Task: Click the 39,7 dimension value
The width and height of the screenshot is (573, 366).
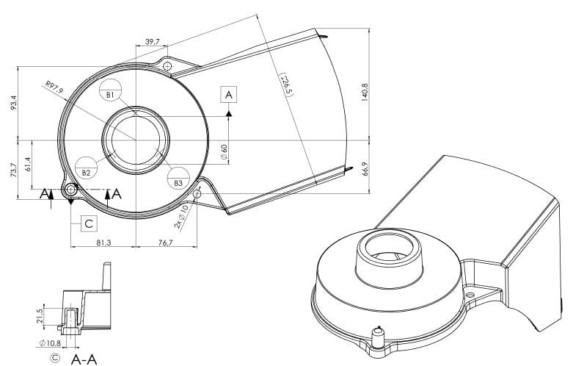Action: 152,42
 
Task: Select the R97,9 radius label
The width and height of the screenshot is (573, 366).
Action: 54,88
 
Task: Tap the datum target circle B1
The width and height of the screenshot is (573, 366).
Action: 110,90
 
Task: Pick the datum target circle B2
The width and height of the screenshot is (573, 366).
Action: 87,168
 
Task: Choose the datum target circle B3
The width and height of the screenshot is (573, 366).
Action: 178,179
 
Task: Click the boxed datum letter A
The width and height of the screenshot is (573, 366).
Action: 229,95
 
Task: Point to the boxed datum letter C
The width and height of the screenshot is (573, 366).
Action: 89,223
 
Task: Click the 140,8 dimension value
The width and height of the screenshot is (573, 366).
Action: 365,92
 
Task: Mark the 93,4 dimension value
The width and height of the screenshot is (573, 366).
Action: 14,103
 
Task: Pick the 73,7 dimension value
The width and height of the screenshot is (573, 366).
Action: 14,170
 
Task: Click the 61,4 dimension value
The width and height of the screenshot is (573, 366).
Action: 28,165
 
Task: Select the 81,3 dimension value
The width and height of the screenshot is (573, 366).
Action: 103,243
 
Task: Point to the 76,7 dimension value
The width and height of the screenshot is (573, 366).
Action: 166,243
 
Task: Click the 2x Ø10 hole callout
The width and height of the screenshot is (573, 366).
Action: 181,217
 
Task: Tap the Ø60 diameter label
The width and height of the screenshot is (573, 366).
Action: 224,151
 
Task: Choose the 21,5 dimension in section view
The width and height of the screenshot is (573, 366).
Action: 40,316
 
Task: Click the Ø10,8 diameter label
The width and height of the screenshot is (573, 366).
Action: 50,343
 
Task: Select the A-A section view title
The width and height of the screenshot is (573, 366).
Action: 84,359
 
